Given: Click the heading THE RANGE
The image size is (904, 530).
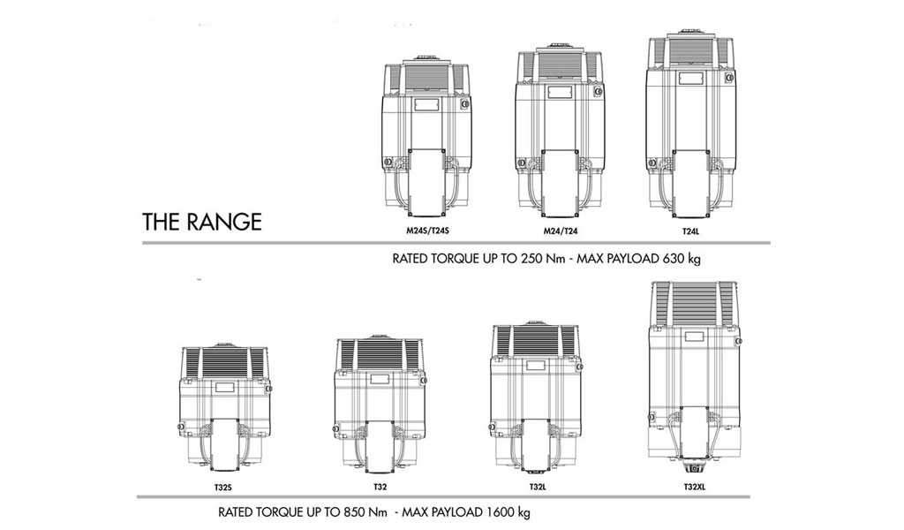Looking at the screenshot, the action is (202, 222).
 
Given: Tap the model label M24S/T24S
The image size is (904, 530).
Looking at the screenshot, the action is (427, 231).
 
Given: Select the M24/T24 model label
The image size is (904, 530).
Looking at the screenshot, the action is (561, 231).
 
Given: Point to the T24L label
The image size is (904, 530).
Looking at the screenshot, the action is (690, 231).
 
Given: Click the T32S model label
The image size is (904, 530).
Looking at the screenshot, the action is (222, 488).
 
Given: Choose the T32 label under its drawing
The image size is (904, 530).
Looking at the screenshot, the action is (380, 487).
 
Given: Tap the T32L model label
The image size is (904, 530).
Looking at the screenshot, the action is (538, 487).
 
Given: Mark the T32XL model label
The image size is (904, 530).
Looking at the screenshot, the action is (694, 487).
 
